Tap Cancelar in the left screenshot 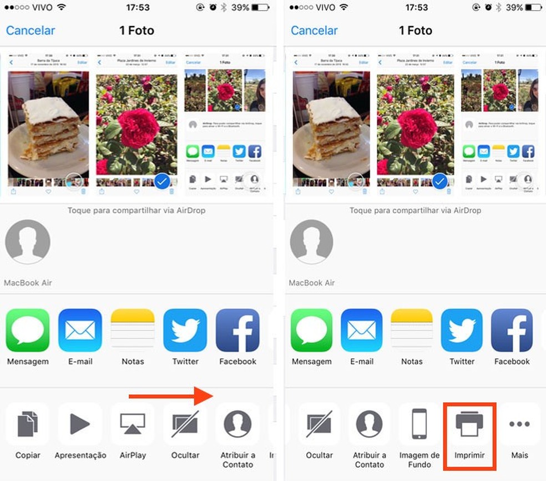[31, 31]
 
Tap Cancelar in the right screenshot [315, 31]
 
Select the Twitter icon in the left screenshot [185, 330]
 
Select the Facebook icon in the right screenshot [512, 330]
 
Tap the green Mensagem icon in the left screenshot [28, 330]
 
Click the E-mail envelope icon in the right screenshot [362, 330]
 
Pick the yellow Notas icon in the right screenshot [412, 330]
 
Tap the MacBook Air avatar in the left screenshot [28, 242]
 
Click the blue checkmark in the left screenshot [161, 181]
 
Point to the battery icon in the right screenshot [535, 8]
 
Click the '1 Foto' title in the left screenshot [136, 31]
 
